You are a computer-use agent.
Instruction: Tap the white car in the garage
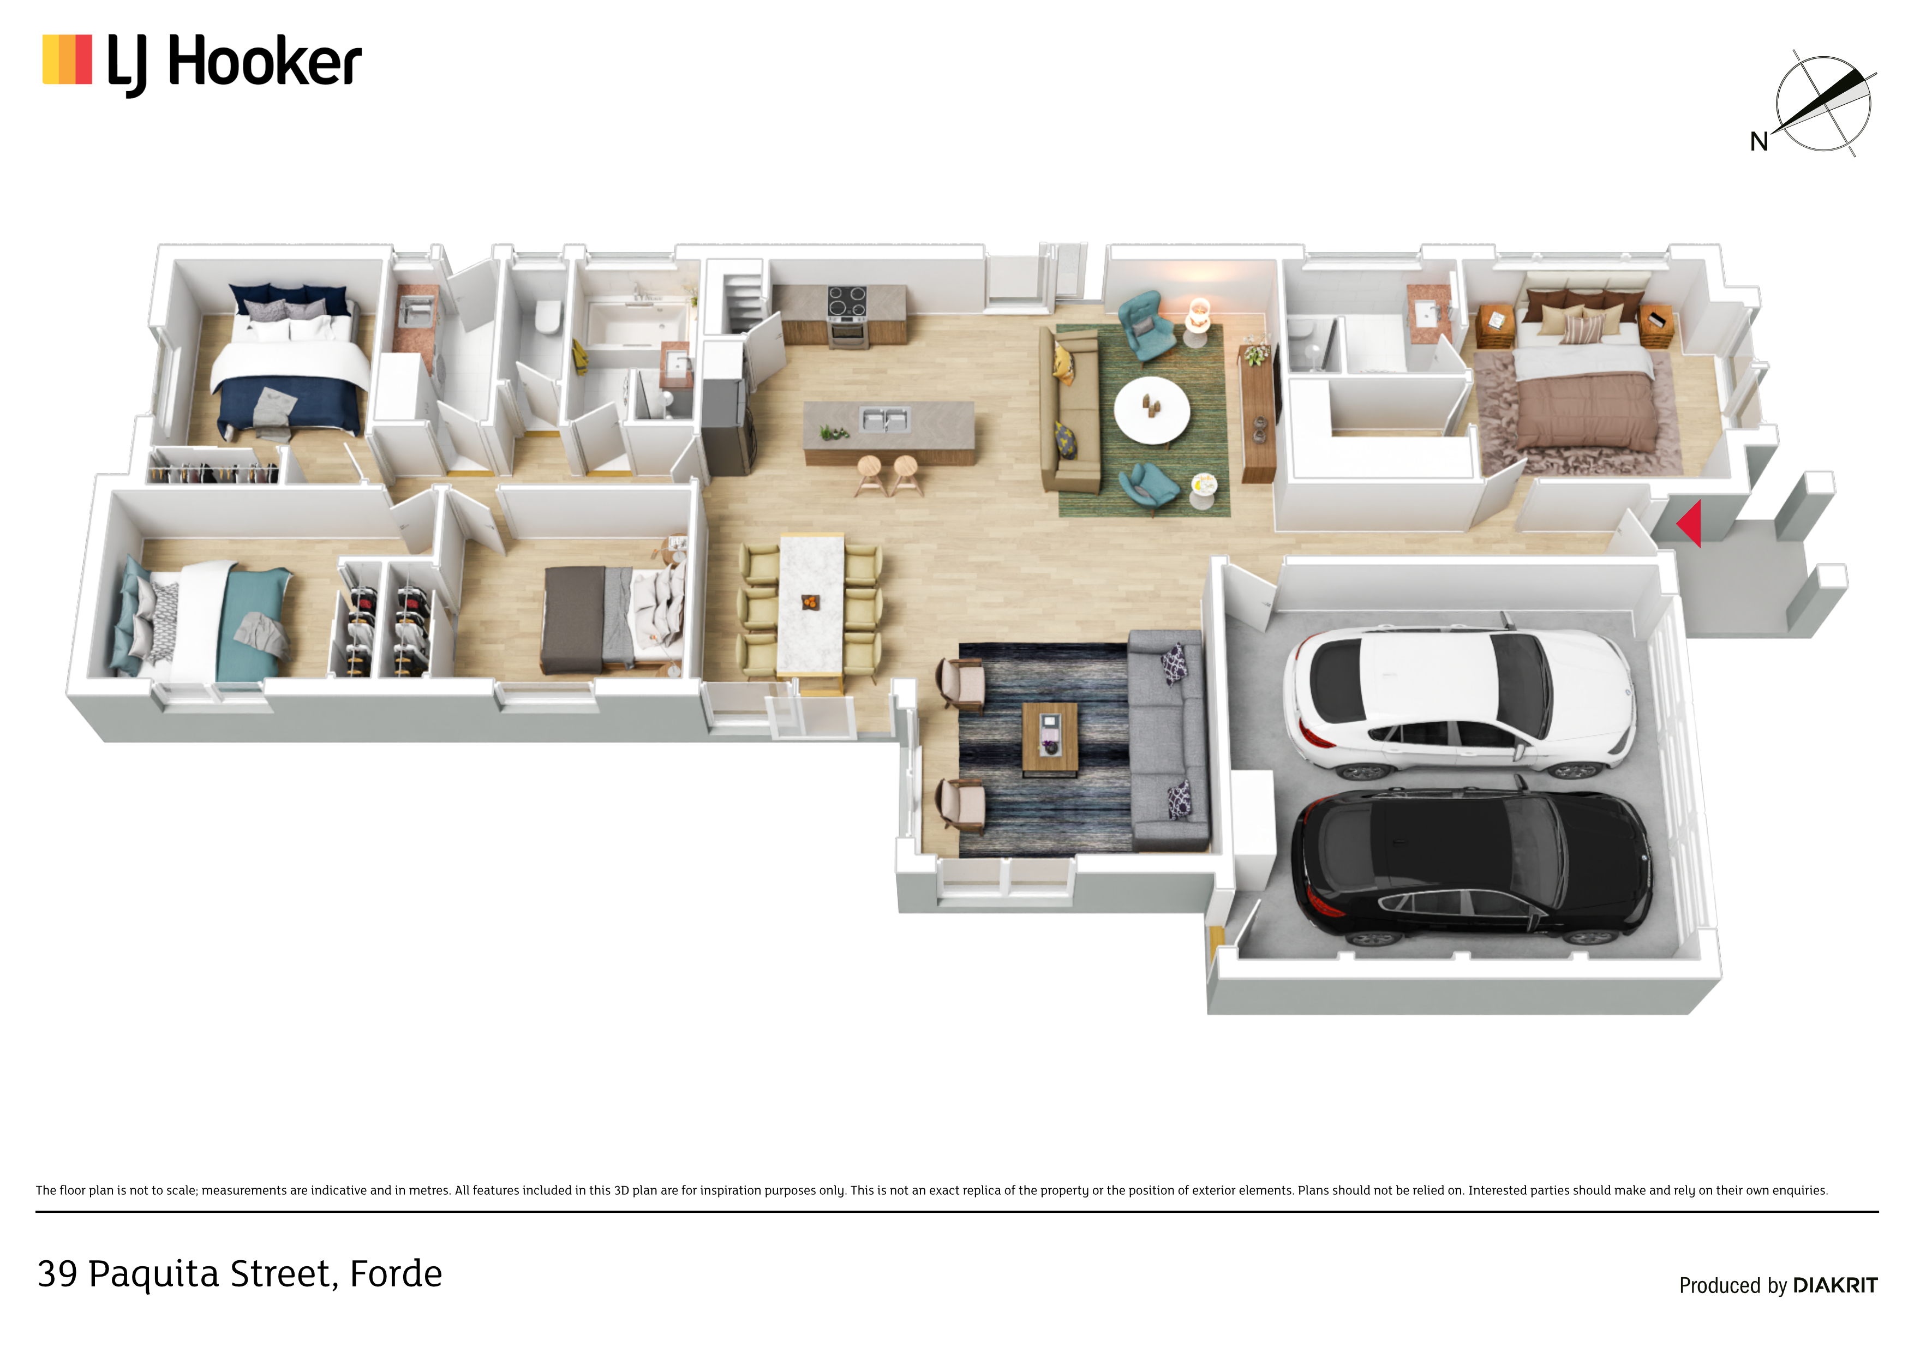(1459, 701)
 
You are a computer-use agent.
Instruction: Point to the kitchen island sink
(884, 420)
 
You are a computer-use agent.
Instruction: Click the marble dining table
(810, 603)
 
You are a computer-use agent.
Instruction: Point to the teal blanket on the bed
(254, 624)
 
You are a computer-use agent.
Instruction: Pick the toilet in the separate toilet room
(548, 318)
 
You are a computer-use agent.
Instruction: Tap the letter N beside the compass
(1759, 142)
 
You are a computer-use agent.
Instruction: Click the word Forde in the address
(396, 1274)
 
